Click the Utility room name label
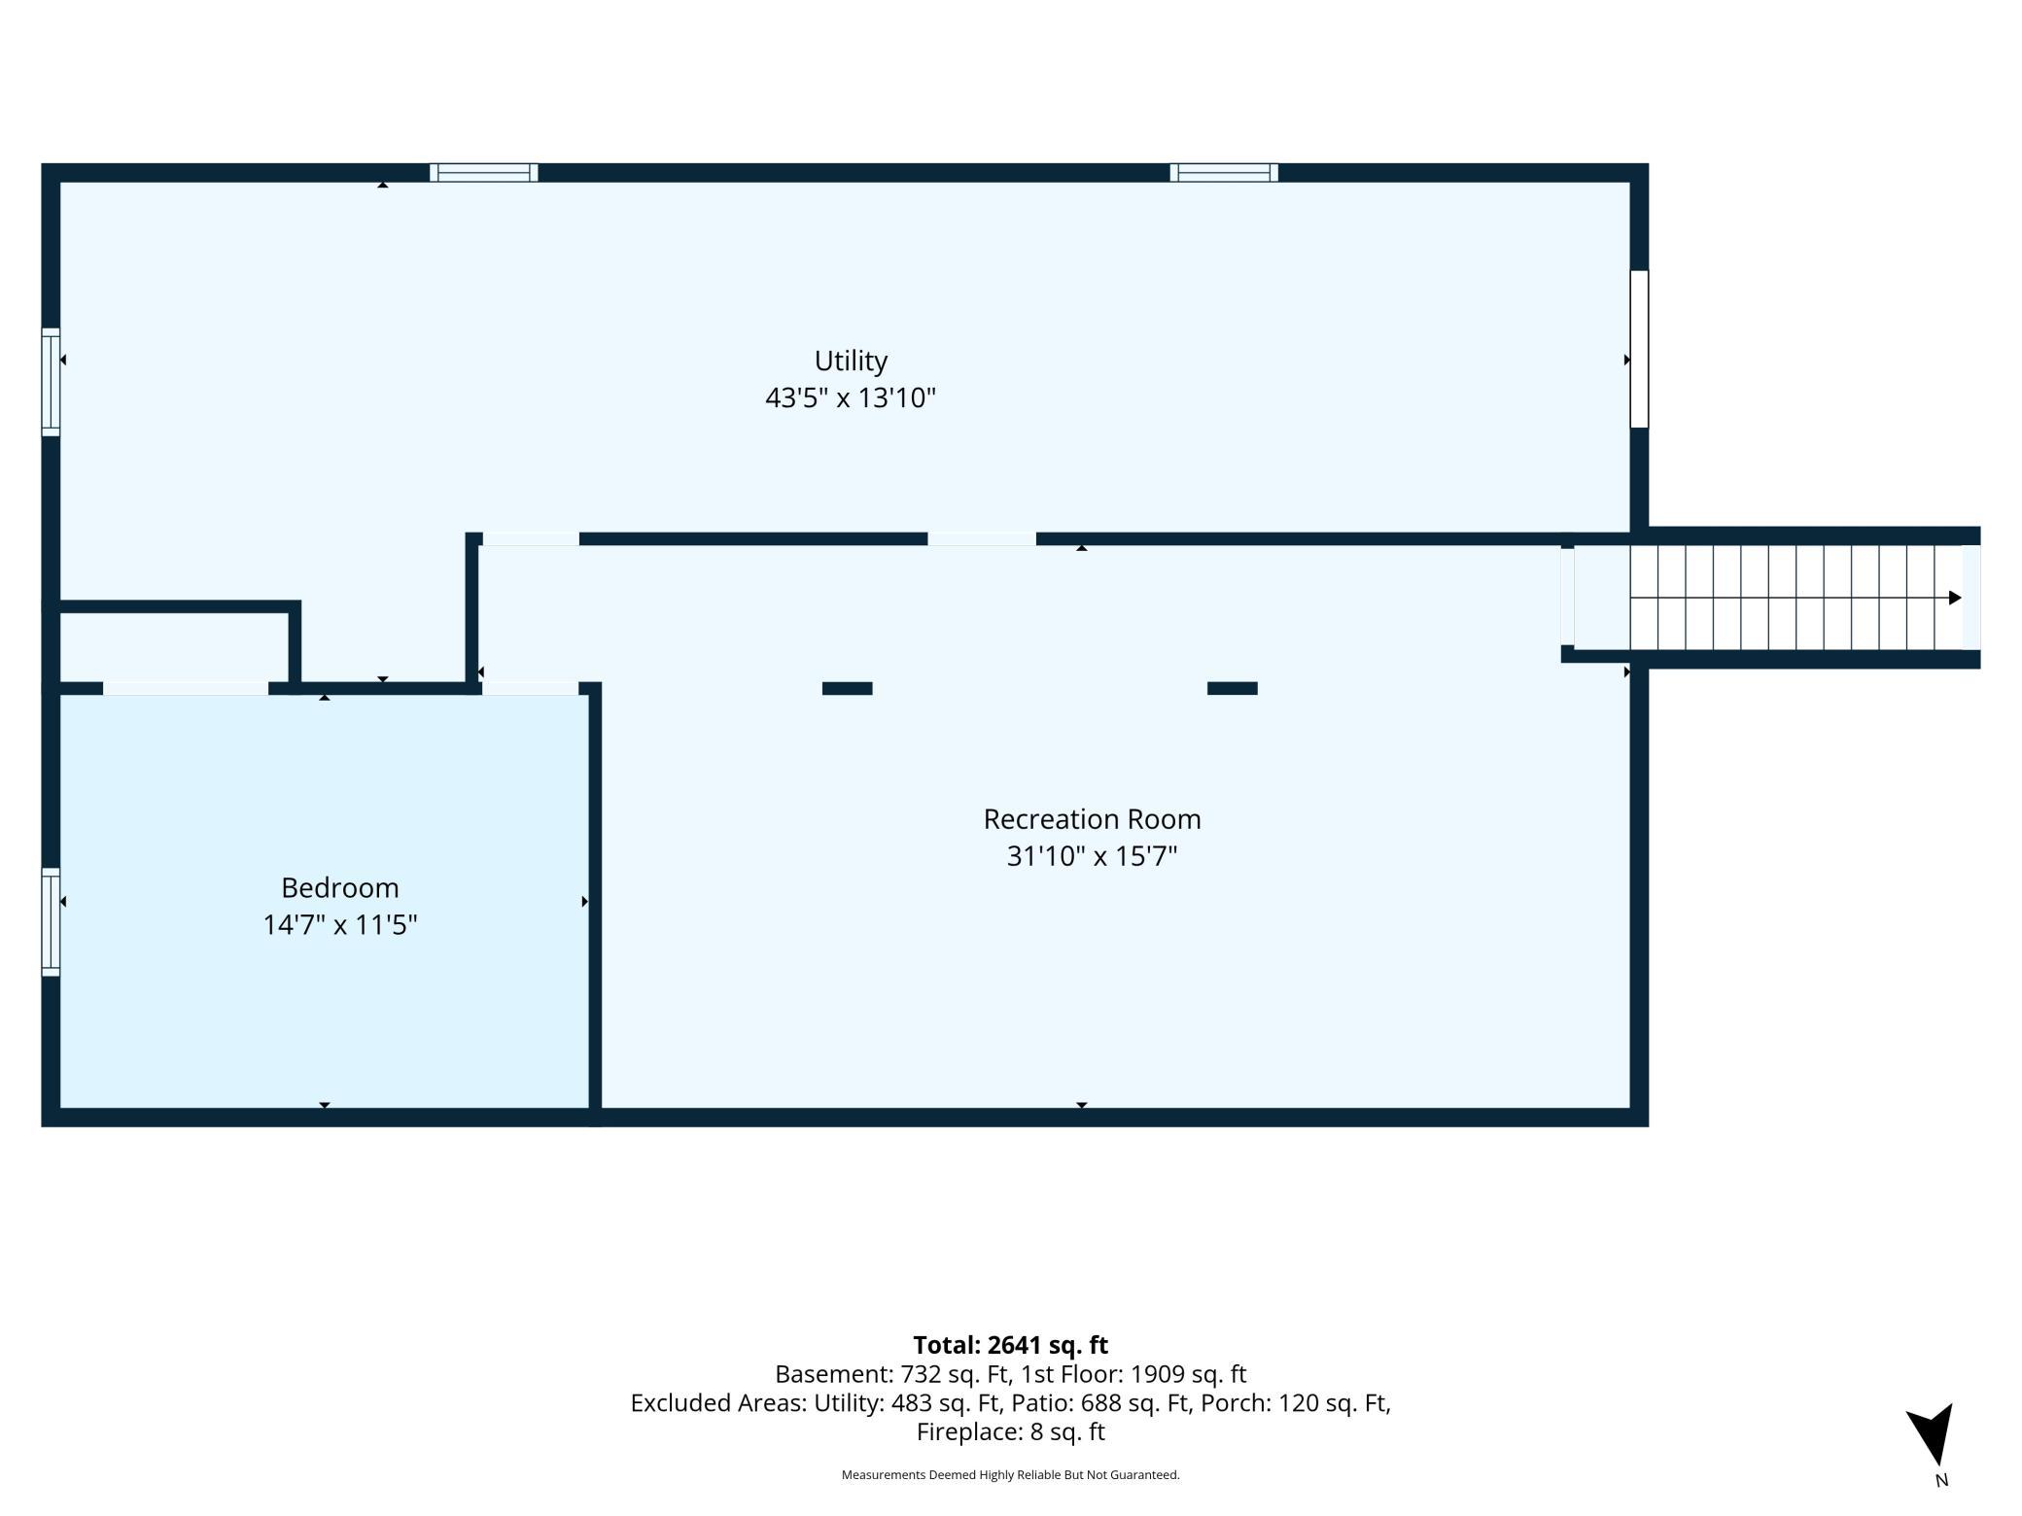click(x=851, y=362)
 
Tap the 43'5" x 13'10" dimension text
click(x=851, y=397)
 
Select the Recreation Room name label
click(x=1092, y=819)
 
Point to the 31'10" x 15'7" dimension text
click(x=1092, y=856)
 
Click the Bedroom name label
click(x=340, y=888)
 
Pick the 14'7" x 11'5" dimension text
click(x=340, y=924)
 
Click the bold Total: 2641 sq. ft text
click(x=1011, y=1345)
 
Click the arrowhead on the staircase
click(x=1955, y=598)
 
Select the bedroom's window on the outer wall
click(x=51, y=921)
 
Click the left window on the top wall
click(x=484, y=173)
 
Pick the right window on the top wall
click(x=1224, y=173)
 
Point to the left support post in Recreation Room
click(x=848, y=688)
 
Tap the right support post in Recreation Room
click(x=1233, y=688)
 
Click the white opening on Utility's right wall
click(x=1639, y=349)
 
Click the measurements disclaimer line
click(x=1011, y=1475)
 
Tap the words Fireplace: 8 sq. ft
click(x=1011, y=1431)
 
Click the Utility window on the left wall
click(x=51, y=382)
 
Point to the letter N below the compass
click(x=1941, y=1481)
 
